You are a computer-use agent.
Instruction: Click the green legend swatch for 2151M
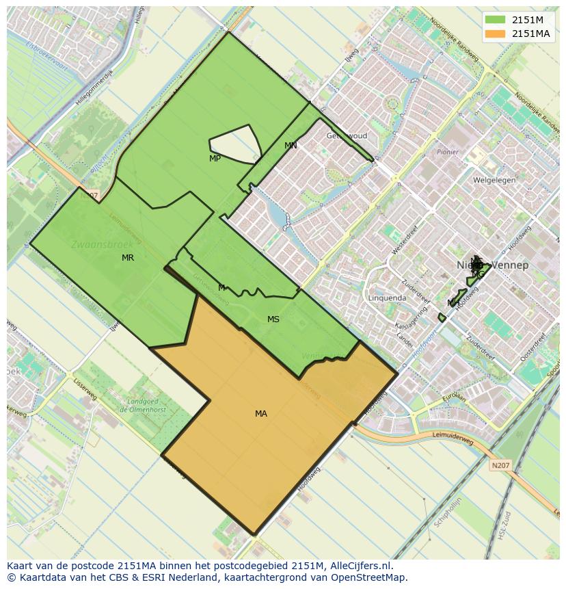point(496,20)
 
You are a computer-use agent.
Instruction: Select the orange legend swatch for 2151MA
point(496,34)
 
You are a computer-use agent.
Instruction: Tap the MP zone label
point(215,159)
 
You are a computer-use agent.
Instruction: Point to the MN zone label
point(291,146)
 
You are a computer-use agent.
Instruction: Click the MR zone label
point(128,258)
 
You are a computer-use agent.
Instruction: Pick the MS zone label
point(273,319)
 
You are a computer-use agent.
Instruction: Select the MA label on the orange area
point(261,414)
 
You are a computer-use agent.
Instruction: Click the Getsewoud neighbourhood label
point(347,135)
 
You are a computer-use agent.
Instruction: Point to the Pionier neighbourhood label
point(448,152)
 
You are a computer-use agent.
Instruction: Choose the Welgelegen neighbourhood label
point(494,181)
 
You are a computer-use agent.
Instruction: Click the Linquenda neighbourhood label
point(387,298)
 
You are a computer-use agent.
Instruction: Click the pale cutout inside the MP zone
point(236,144)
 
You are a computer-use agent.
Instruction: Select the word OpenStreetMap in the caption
point(370,577)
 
